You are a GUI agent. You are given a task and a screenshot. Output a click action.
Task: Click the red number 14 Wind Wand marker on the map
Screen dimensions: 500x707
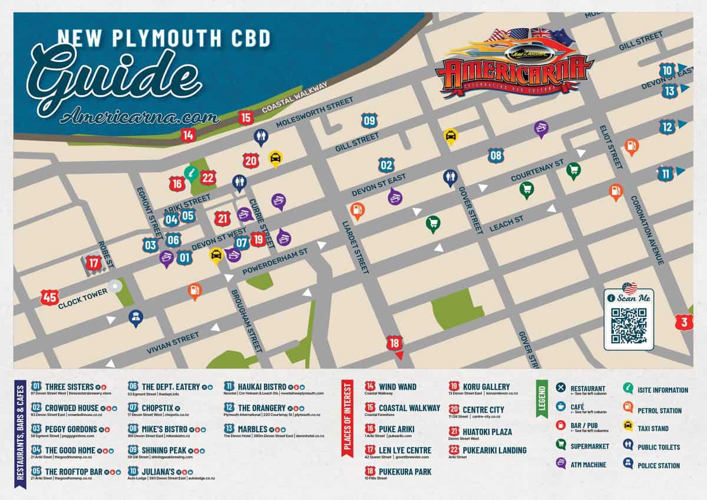[188, 135]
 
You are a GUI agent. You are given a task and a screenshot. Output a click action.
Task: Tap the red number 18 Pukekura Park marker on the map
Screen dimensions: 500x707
[395, 343]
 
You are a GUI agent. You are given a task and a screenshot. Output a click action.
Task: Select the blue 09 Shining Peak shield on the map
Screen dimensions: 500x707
[369, 121]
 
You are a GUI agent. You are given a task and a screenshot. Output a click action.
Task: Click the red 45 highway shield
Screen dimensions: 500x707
[49, 297]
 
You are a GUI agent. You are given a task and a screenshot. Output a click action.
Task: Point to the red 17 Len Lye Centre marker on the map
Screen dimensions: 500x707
[94, 263]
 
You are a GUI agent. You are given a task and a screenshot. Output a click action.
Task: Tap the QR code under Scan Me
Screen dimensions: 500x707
[629, 325]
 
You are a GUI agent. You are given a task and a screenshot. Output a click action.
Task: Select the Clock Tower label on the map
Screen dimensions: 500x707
[82, 292]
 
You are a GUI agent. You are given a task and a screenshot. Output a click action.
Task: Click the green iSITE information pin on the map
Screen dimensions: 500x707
[191, 173]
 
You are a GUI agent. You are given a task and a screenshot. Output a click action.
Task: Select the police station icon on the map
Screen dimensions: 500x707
[136, 317]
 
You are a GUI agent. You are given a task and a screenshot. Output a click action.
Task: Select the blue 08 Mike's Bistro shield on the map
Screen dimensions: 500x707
[496, 155]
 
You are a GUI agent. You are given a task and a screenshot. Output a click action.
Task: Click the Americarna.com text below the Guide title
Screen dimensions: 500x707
[138, 116]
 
